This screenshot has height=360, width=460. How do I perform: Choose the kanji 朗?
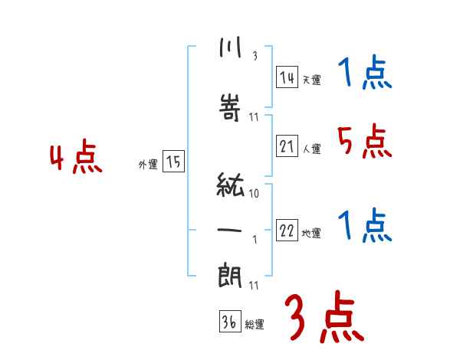coord(230,273)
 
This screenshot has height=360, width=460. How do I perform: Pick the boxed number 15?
coord(173,162)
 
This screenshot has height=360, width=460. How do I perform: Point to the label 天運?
coord(311,80)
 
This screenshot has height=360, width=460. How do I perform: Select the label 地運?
coord(311,234)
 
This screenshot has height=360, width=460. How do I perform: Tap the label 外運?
coord(147,164)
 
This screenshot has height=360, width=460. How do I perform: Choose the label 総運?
coord(255,325)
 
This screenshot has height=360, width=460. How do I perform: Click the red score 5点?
coord(363,141)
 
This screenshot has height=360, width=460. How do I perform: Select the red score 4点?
coord(76,159)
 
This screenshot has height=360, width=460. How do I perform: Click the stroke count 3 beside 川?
coord(255,55)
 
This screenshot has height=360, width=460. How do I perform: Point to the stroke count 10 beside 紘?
coord(254,194)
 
